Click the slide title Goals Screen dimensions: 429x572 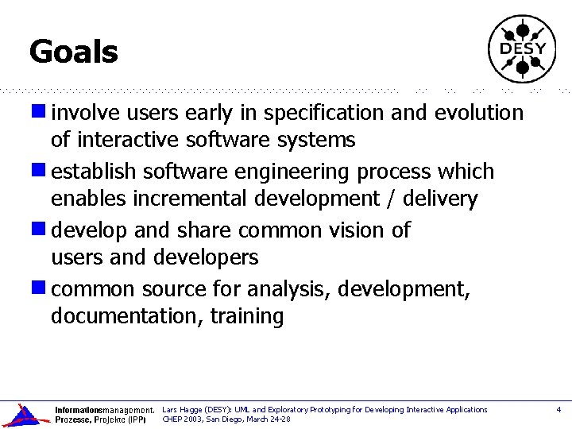[x=73, y=52]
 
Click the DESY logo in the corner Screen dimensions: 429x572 [x=522, y=48]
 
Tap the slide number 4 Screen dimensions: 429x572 [x=558, y=410]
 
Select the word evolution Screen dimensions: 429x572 [x=479, y=114]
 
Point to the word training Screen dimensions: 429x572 [x=247, y=317]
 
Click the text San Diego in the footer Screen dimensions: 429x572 [x=226, y=419]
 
